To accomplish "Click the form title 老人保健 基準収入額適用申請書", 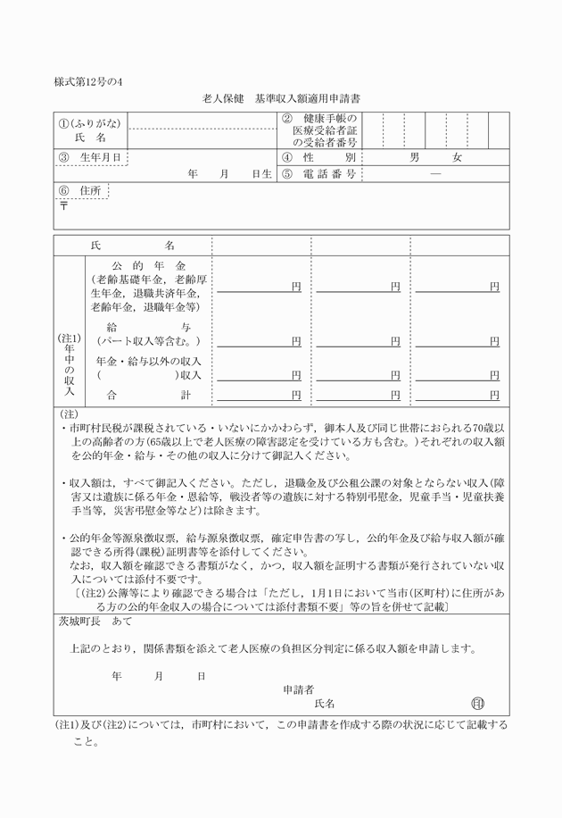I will point(281,97).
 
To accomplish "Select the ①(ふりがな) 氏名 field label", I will point(90,130).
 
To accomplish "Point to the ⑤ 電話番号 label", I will point(318,174).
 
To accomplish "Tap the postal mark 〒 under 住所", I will point(63,205).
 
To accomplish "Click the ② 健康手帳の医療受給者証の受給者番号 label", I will point(320,130).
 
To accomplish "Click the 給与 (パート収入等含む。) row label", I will point(147,334).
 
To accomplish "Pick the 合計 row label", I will point(147,394).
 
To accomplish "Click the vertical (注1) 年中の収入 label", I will point(69,364).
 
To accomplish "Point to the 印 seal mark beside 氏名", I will point(477,704).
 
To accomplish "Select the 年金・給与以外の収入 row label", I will point(147,368).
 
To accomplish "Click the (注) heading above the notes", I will point(68,414).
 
